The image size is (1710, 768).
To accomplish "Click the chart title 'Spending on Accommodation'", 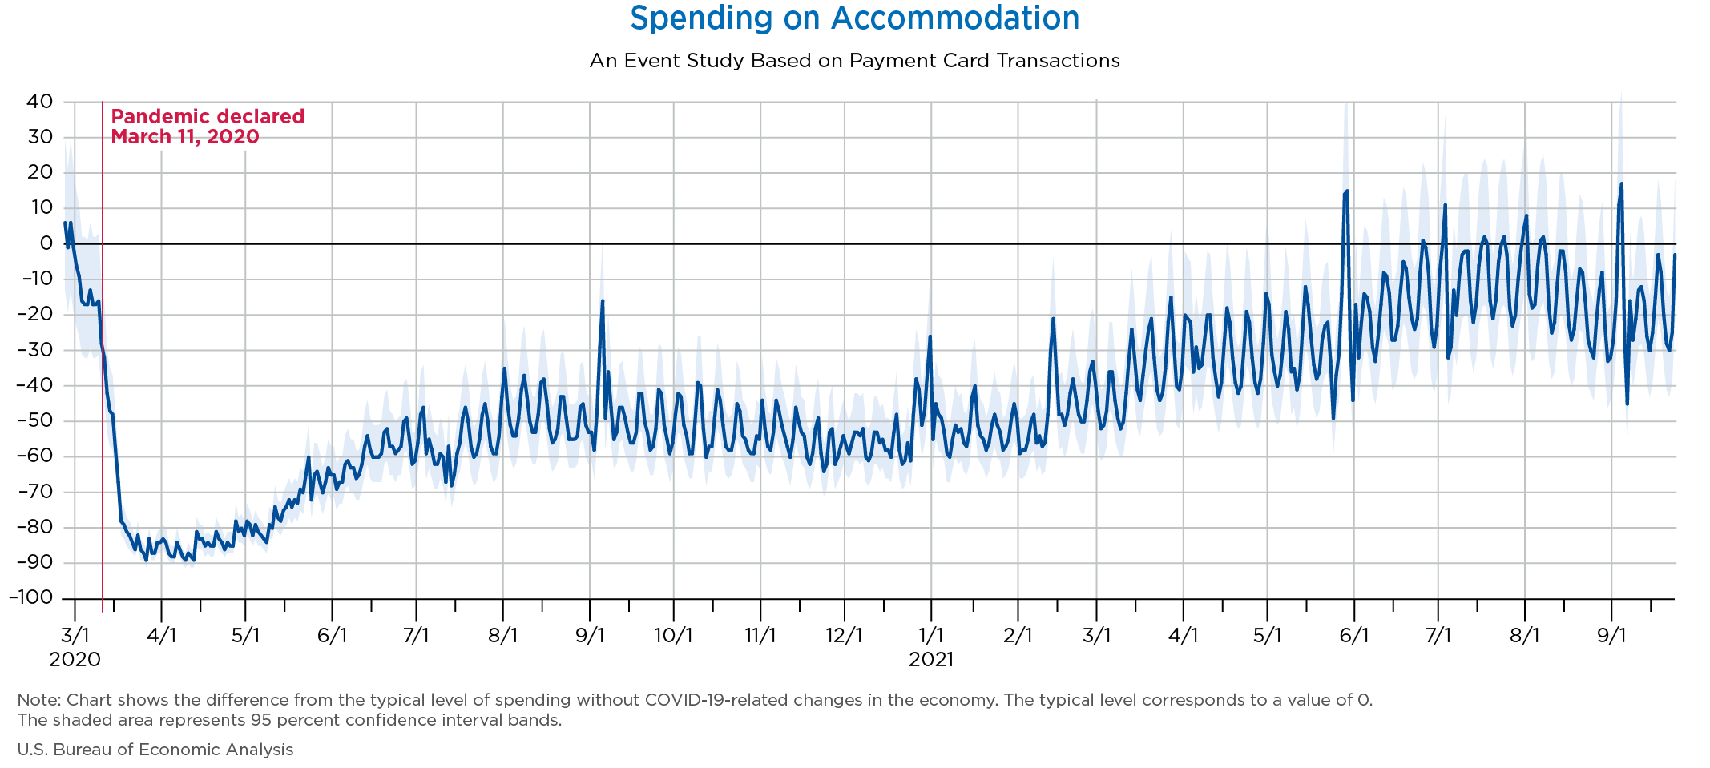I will pos(854,18).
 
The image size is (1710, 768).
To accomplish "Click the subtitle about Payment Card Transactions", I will pos(854,61).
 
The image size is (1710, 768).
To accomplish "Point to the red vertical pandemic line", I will pos(103,360).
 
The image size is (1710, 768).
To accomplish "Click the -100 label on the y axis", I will pos(30,598).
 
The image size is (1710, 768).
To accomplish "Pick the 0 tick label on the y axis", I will pos(46,243).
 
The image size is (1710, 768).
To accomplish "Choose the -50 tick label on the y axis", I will pos(35,421).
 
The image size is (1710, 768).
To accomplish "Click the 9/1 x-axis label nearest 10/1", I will pos(589,636).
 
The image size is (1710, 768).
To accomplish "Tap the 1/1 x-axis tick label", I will pos(931,636).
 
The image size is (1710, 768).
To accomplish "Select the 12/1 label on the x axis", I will pos(844,636).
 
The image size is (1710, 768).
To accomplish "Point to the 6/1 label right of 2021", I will pos(1353,636).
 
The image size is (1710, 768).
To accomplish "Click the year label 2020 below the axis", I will pos(75,660).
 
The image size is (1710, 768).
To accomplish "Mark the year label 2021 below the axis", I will pos(931,660).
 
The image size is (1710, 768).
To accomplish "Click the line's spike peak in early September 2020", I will pos(603,301).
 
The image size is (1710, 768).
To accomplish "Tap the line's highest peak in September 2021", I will pos(1621,184).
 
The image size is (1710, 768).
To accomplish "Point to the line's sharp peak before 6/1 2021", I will pos(1347,191).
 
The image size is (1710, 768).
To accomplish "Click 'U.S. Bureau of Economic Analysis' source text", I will pos(155,750).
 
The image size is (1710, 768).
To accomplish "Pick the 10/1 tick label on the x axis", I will pos(673,636).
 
